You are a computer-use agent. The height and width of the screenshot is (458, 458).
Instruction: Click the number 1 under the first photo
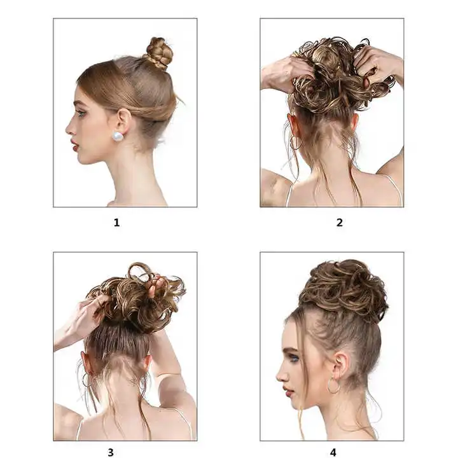coord(116,223)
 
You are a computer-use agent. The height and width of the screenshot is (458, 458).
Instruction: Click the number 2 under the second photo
coord(339,223)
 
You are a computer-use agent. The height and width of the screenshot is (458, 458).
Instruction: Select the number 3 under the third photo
coord(115,453)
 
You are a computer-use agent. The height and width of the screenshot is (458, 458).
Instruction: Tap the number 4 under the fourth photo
coord(333,453)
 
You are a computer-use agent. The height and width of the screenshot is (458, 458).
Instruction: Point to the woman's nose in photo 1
coord(69,127)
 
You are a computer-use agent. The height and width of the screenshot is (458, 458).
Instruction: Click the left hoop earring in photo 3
coord(85,380)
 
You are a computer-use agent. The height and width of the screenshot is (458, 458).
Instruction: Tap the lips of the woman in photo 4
coord(285,392)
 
